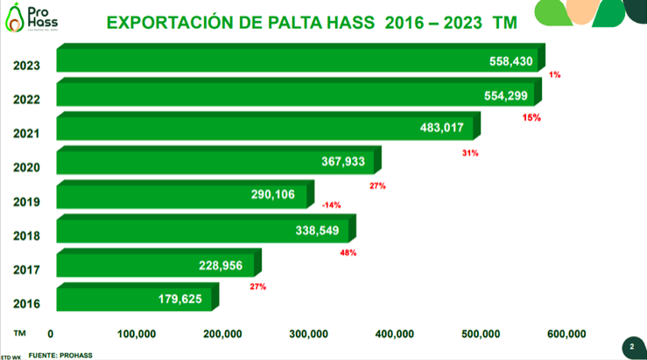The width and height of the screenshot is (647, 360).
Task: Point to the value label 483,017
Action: [x=447, y=128]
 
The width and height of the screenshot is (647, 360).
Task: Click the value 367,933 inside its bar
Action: [x=348, y=161]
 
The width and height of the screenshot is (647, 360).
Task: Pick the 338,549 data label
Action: [x=322, y=229]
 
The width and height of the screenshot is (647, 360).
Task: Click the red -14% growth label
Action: [x=331, y=205]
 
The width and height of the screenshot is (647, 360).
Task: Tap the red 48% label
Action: [x=348, y=253]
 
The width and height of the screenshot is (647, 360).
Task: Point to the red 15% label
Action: [x=531, y=116]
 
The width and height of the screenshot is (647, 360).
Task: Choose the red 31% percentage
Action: [x=469, y=153]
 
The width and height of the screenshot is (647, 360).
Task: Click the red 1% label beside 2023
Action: [x=554, y=75]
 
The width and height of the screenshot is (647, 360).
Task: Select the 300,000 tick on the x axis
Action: [x=308, y=334]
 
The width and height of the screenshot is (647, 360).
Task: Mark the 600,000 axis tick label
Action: [x=566, y=334]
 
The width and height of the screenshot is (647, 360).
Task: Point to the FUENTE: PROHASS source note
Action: [x=60, y=355]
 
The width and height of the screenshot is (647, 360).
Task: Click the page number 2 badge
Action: [x=631, y=347]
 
